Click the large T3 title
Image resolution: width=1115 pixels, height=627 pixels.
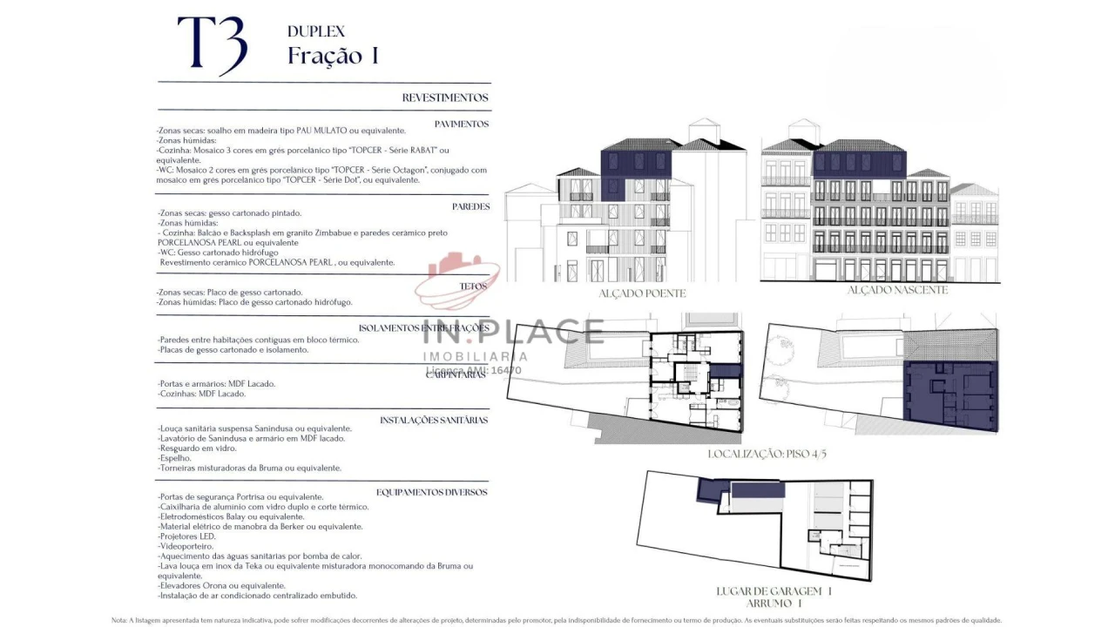click(213, 44)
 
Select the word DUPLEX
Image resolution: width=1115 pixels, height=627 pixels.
click(315, 31)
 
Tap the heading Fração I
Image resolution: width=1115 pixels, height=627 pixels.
click(333, 56)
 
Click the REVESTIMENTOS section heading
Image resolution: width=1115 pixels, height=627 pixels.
click(444, 98)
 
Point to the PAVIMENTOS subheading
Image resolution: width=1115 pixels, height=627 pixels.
click(461, 124)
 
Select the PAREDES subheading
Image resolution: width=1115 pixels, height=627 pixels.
click(470, 206)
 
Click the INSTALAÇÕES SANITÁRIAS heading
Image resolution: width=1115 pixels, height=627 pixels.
click(434, 420)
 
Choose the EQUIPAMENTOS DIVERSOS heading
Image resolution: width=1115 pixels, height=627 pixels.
click(431, 492)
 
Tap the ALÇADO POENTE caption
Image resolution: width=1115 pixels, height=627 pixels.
click(641, 293)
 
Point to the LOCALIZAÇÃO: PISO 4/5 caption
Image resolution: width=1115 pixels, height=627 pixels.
click(766, 454)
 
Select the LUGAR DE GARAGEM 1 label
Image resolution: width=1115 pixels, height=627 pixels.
click(774, 591)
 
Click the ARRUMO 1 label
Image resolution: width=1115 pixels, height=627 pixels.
click(774, 603)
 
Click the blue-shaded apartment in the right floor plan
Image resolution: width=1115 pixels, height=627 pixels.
click(949, 396)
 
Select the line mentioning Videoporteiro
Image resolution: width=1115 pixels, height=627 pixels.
click(186, 546)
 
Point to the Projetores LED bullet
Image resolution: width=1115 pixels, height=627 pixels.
click(186, 536)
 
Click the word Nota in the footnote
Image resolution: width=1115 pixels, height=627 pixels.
click(119, 620)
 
